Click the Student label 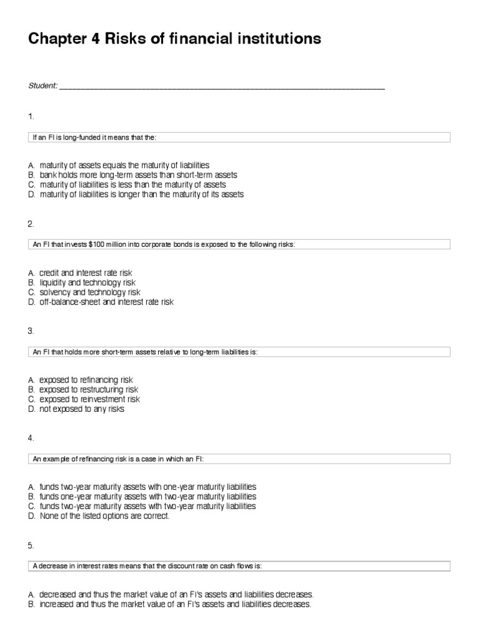click(x=42, y=86)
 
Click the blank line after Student click(x=222, y=88)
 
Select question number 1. click(x=30, y=117)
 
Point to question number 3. click(x=30, y=331)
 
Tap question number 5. click(x=30, y=545)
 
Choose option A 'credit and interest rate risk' click(x=85, y=273)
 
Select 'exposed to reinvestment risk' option click(x=90, y=399)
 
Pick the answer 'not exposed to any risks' click(x=82, y=409)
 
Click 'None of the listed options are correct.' click(x=104, y=517)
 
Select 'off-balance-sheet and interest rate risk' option click(x=106, y=302)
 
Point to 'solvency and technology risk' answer click(x=90, y=292)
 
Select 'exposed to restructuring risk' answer click(x=88, y=389)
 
